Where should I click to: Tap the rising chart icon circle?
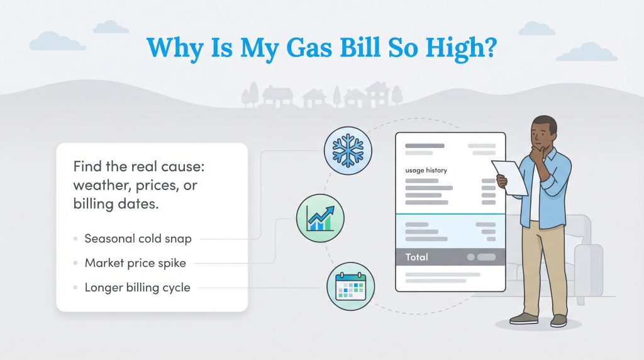click(x=320, y=218)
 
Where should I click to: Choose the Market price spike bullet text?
click(x=135, y=263)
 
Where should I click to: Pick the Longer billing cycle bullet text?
click(x=137, y=288)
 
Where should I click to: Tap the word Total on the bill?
click(x=416, y=257)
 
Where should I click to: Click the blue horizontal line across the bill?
click(x=450, y=215)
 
